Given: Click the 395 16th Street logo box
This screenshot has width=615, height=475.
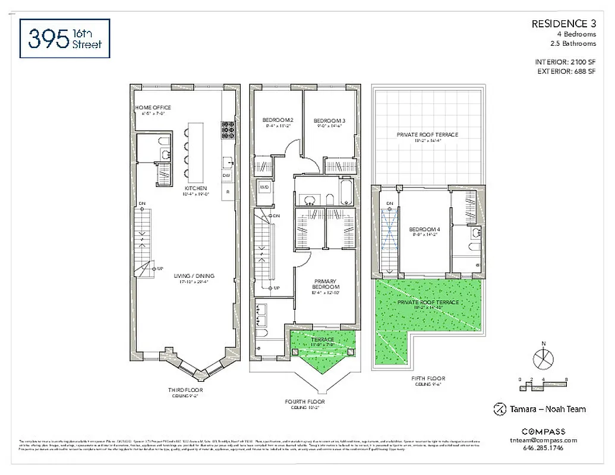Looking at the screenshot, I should [x=65, y=38].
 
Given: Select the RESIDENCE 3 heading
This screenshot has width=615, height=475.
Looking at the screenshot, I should [x=563, y=24].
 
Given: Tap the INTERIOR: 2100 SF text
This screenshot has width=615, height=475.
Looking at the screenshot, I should [x=564, y=62].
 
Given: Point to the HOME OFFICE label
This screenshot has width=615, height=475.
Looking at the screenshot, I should [x=153, y=107].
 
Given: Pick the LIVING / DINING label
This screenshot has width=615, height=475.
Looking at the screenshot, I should [x=194, y=276].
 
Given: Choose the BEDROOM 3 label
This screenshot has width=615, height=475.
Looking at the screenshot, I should [x=330, y=121].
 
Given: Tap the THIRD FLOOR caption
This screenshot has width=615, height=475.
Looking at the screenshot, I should [x=185, y=390].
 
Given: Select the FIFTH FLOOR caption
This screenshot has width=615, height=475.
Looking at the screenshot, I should [x=428, y=378].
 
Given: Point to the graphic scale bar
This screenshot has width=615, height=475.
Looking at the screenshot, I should [x=544, y=384].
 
